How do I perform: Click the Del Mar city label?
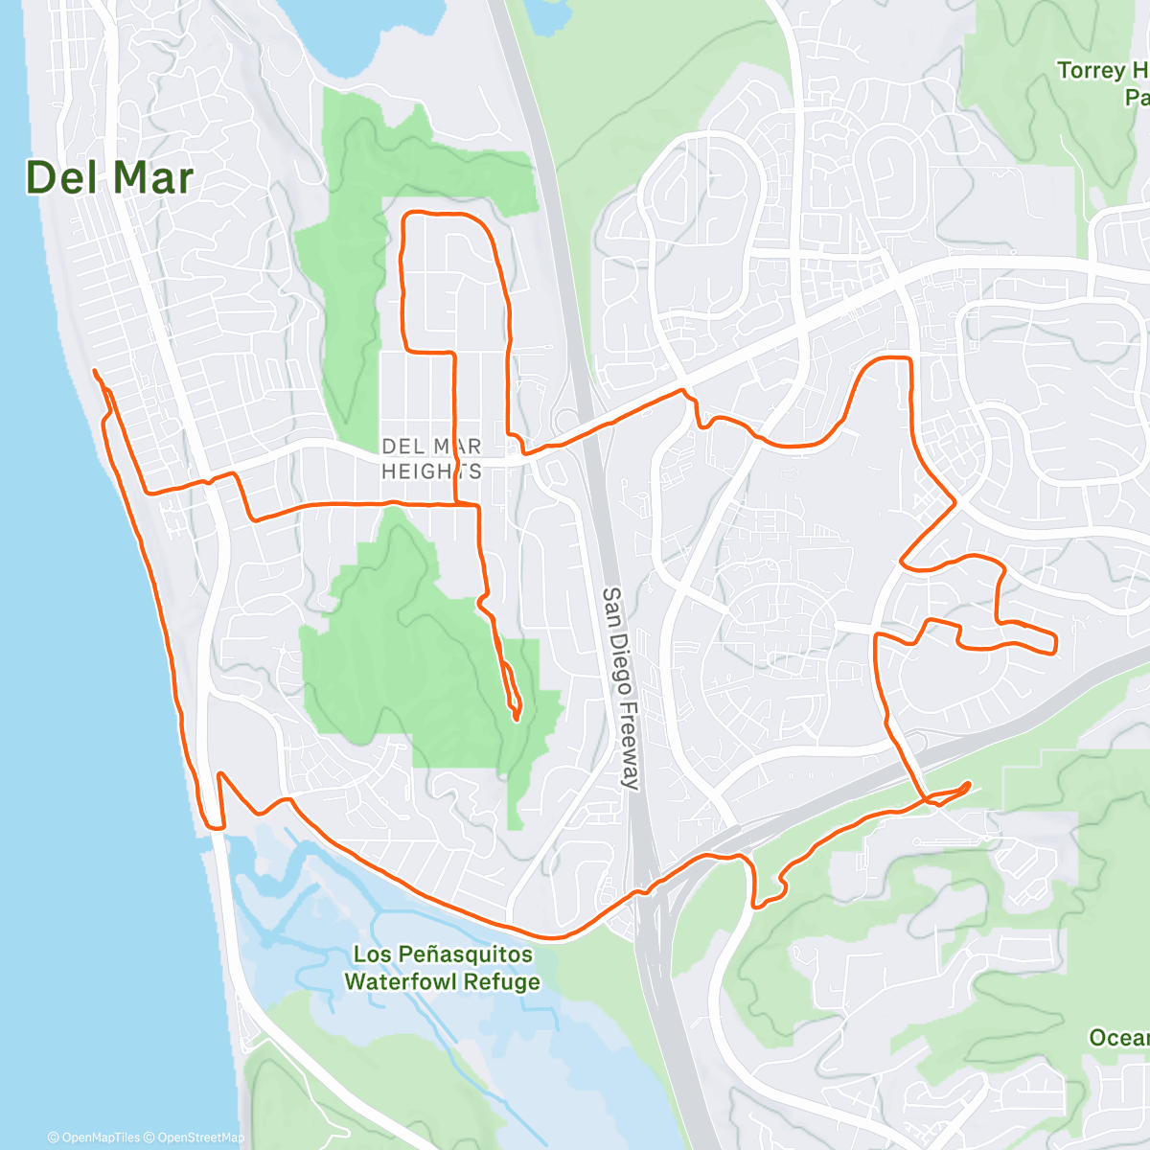point(109,178)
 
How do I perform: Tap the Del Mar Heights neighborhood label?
point(431,459)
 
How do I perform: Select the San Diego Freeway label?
point(620,688)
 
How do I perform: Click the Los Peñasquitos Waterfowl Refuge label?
point(442,968)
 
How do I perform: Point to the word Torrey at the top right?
point(1092,71)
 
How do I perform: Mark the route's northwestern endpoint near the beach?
point(94,370)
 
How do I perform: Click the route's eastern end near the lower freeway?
point(968,784)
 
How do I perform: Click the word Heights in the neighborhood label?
point(431,471)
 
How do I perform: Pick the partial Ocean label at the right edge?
point(1119,1038)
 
